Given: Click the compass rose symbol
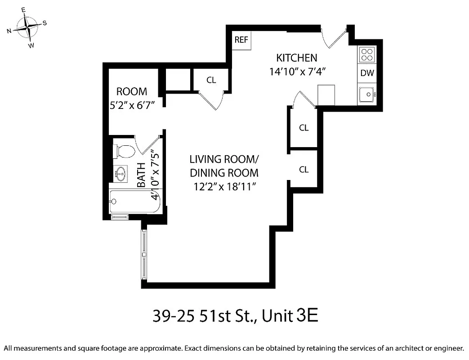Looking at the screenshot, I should [27, 27].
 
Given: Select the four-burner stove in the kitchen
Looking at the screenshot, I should [367, 54].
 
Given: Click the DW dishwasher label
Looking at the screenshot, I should [367, 73].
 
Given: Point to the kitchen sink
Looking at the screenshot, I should [367, 94].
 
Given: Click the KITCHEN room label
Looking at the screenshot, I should [296, 58].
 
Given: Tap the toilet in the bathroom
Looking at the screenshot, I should [124, 151].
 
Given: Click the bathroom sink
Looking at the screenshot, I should [120, 173].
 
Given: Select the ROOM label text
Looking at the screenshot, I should [132, 92].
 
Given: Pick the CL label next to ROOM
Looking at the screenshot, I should [211, 80].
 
